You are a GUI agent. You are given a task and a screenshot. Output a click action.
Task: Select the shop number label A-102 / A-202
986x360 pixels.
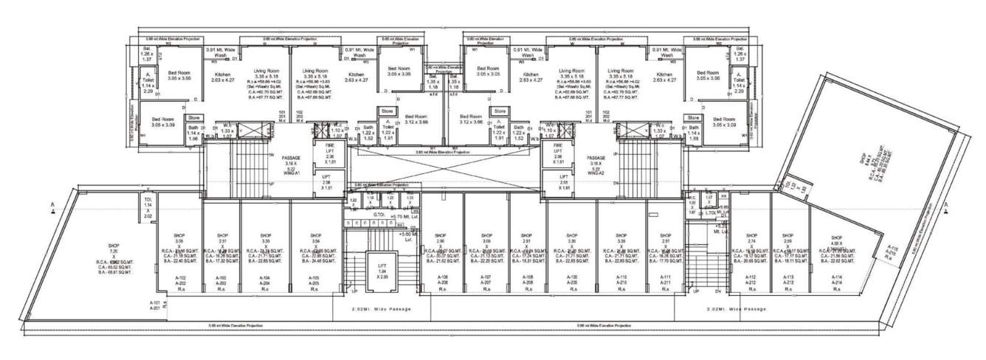click(179, 281)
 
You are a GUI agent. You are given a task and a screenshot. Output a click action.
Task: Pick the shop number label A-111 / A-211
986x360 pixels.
click(665, 281)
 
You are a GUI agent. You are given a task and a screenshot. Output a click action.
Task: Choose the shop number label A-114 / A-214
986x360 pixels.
click(835, 281)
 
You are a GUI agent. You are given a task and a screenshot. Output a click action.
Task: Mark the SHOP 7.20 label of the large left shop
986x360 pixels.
click(114, 251)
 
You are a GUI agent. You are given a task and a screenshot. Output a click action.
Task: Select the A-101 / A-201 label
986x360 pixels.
click(154, 305)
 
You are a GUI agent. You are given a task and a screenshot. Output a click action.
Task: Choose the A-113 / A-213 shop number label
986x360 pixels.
click(787, 281)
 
